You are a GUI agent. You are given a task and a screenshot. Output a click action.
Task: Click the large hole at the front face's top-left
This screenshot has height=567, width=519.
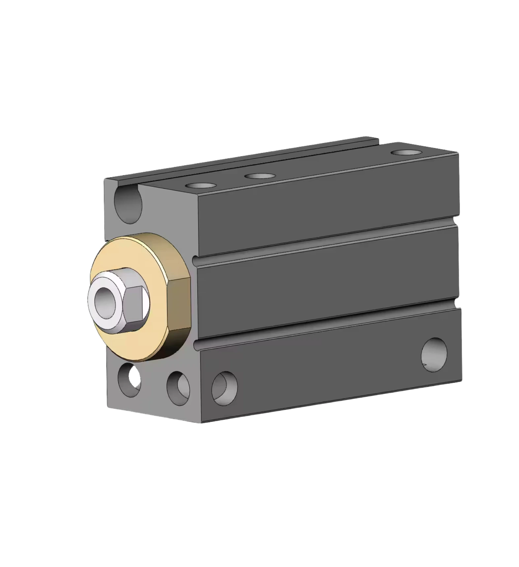(x=128, y=205)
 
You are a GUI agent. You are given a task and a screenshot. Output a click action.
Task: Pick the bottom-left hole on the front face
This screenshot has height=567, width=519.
(x=129, y=379)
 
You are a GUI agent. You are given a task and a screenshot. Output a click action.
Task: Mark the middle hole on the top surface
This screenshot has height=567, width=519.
(x=260, y=176)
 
